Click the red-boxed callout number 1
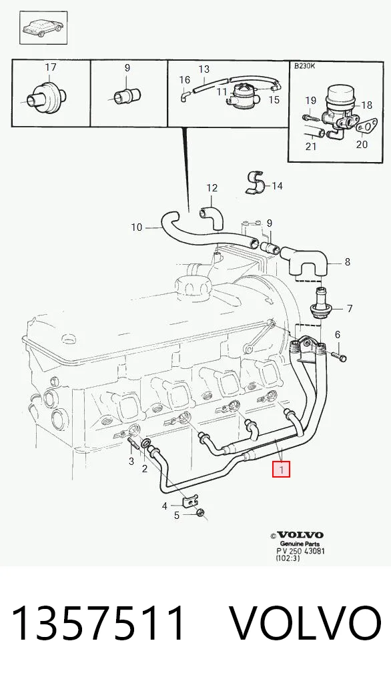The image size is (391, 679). (281, 470)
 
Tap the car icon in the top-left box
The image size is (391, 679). (43, 29)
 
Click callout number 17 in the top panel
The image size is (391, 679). (51, 67)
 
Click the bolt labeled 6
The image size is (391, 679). (340, 357)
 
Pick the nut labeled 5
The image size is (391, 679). (200, 514)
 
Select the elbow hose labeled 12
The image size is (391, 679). (211, 217)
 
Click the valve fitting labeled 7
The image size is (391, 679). (320, 305)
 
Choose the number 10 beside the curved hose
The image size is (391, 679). (136, 227)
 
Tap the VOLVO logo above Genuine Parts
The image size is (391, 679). (300, 535)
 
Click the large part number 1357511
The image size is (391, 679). (99, 624)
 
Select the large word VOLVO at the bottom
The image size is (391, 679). (305, 624)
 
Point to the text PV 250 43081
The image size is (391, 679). (300, 551)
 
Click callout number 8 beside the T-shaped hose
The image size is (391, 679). (347, 262)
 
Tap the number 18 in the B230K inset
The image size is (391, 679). (366, 105)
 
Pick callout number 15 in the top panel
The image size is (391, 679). (274, 99)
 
